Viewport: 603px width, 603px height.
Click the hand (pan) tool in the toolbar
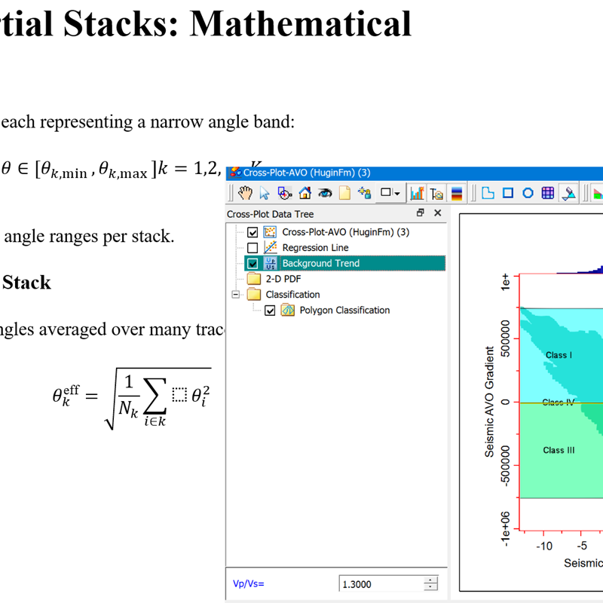245,193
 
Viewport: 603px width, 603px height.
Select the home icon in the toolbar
305,193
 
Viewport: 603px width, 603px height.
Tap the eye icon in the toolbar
324,193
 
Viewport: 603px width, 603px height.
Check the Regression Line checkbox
253,248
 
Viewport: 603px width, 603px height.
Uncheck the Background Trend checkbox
253,264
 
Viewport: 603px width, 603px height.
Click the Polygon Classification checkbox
270,311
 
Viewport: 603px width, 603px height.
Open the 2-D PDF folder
253,279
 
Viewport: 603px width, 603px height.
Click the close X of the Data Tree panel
437,213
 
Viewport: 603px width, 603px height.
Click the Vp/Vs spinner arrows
430,584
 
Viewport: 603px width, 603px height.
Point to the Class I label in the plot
559,355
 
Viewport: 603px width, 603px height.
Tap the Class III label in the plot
559,450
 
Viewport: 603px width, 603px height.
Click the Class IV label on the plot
558,403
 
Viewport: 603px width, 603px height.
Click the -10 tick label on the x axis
543,546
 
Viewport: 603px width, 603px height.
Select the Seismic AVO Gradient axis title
490,402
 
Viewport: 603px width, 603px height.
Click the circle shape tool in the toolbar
528,193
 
